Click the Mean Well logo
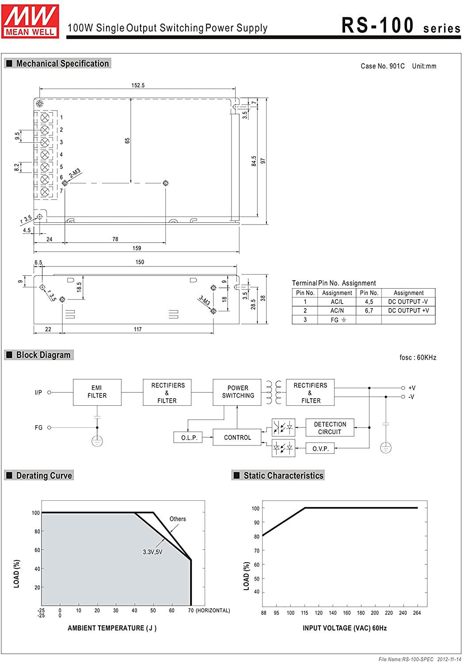tap(30, 21)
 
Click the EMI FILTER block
tap(97, 392)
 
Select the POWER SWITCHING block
tap(237, 392)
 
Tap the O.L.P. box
tap(188, 437)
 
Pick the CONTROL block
tap(237, 437)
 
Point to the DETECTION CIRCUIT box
tap(330, 427)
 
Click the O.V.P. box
tap(320, 449)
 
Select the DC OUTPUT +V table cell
tap(408, 310)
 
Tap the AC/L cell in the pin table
tap(337, 301)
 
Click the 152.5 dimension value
tap(138, 85)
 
